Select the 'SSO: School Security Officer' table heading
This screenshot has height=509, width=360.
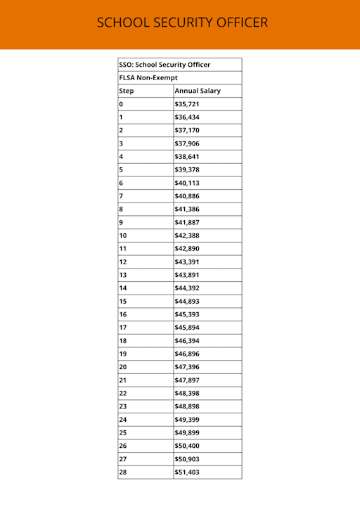(165, 65)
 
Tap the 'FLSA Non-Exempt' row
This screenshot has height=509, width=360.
(148, 78)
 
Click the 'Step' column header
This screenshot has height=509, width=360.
(127, 91)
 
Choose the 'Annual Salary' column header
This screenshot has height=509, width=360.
(198, 91)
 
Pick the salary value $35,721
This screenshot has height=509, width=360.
(187, 104)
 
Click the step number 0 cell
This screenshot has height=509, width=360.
(121, 104)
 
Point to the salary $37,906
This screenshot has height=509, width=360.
(187, 143)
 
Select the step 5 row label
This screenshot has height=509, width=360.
(121, 169)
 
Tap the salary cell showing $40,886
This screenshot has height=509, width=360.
(187, 196)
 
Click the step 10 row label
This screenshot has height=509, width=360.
(123, 236)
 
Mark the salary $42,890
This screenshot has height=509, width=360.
(187, 249)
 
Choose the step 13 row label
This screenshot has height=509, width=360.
(123, 275)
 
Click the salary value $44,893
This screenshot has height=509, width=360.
(187, 301)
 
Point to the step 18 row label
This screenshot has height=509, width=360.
(123, 340)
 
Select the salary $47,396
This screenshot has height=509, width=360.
(187, 367)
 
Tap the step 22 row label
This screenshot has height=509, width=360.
(123, 393)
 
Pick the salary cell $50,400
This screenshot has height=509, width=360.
(187, 446)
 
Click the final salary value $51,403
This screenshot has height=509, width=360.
(187, 472)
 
